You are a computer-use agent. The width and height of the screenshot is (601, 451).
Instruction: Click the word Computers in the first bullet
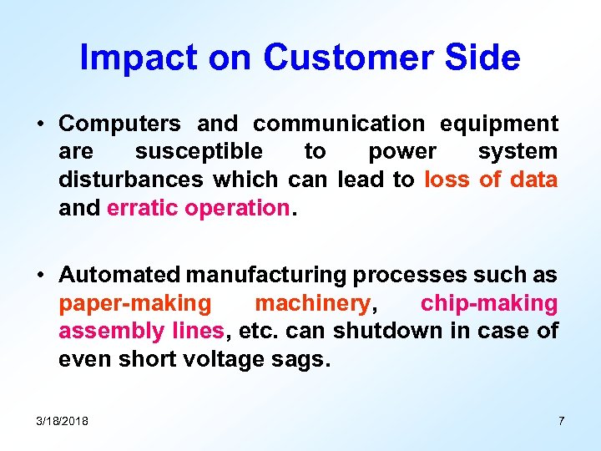pos(119,124)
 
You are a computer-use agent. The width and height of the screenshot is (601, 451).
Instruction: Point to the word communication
pos(339,124)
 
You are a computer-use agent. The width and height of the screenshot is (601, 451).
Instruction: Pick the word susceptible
pos(199,152)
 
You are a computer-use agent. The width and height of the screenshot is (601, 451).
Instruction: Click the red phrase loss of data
pos(491,180)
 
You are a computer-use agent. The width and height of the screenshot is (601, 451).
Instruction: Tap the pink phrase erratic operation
pos(198,208)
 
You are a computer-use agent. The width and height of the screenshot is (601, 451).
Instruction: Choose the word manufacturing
pos(266,275)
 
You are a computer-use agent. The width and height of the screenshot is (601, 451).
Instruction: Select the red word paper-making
pos(135,303)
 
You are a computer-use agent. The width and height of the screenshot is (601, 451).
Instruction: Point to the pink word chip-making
pos(489,303)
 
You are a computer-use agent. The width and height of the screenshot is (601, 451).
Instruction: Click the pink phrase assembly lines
pos(141,332)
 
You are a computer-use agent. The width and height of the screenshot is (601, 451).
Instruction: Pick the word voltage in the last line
pos(225,360)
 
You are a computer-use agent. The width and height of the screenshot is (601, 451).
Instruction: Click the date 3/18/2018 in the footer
pos(63,421)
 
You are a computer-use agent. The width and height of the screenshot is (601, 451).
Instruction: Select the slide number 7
pos(561,421)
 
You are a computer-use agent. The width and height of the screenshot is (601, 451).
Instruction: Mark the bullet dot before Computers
pos(40,124)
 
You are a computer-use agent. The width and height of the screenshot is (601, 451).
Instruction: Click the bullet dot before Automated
pos(40,276)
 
